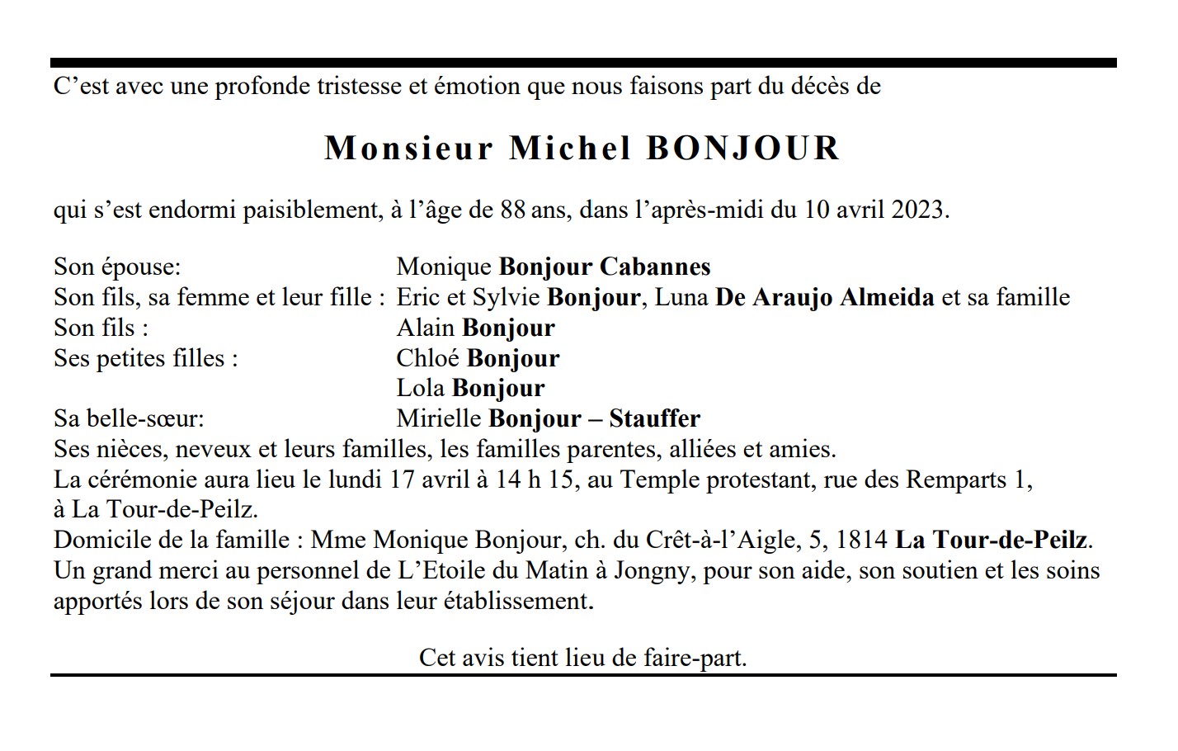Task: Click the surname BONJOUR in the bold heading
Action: point(742,149)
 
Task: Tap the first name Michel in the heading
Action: point(571,149)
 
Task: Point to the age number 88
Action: point(512,210)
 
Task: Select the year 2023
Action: point(919,210)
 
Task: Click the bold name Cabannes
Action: point(655,267)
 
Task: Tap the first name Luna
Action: point(681,297)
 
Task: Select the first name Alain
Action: point(426,328)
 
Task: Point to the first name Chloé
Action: point(428,358)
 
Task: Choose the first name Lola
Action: point(421,388)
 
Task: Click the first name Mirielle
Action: point(439,418)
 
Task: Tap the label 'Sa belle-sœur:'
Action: point(129,418)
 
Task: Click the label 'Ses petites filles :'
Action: point(146,358)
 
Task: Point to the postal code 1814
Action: point(861,541)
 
